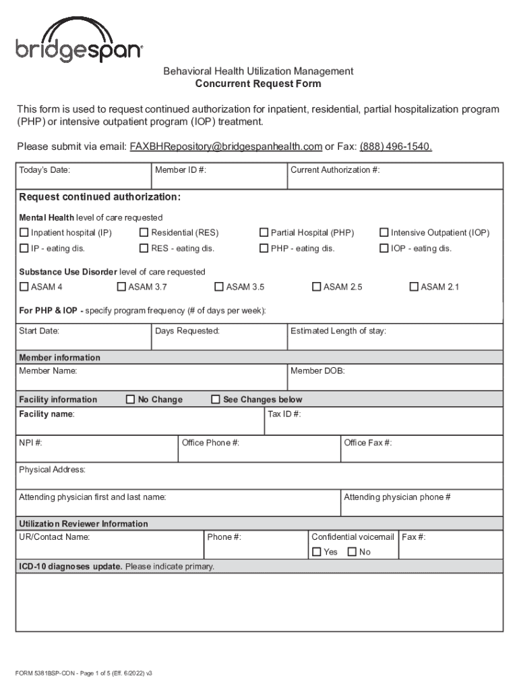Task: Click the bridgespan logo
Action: [79, 41]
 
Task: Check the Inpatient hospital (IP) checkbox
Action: [24, 233]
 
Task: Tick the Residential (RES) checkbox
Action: [144, 233]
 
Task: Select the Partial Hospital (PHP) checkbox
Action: [264, 233]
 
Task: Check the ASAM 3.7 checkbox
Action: [121, 287]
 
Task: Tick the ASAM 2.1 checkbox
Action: [415, 287]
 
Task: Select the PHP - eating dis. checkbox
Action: [264, 248]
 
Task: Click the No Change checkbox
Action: [131, 399]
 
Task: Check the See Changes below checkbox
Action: [216, 399]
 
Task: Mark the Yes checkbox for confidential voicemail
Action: [317, 552]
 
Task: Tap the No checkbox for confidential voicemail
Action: [352, 552]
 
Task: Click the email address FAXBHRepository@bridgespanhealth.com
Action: [226, 146]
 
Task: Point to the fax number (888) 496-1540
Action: [396, 146]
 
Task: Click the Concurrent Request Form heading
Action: [258, 84]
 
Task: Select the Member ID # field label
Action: [180, 170]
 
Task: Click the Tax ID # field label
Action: [284, 414]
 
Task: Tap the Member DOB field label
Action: [317, 371]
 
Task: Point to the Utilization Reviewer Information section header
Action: [84, 524]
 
